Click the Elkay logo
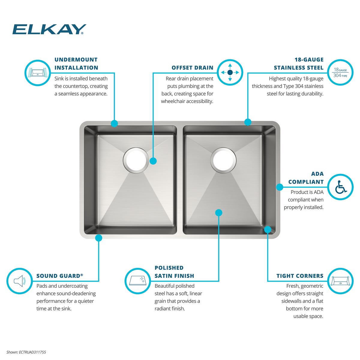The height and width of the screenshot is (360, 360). [49, 29]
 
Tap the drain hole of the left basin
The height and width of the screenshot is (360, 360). [136, 160]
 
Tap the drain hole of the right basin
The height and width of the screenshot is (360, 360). [223, 160]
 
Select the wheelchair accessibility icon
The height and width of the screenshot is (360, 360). [340, 187]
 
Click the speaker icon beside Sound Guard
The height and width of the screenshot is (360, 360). [19, 281]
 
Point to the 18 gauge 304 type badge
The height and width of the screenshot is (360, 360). [340, 73]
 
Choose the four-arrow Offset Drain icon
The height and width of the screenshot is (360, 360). [230, 72]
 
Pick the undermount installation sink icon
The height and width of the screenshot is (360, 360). [38, 73]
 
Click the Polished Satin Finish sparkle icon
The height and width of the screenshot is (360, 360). [138, 281]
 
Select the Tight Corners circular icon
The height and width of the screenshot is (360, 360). [340, 281]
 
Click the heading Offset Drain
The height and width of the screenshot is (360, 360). [192, 67]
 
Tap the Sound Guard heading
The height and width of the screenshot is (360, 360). [60, 276]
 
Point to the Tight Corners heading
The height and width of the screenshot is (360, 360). [300, 276]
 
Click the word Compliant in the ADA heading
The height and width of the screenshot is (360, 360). [306, 182]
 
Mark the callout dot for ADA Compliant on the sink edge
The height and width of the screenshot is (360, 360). [280, 187]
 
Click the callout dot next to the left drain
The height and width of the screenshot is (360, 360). [153, 161]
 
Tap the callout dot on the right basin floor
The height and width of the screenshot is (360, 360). [219, 212]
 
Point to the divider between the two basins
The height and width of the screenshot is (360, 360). [180, 180]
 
